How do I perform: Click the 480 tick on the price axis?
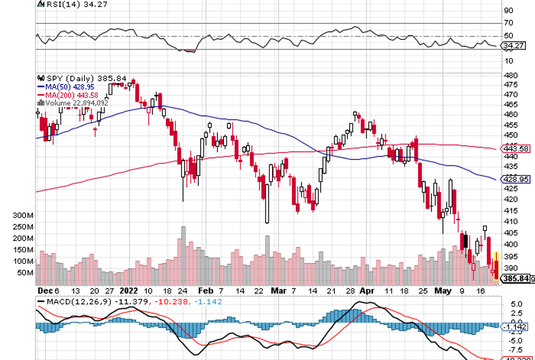(x=508, y=75)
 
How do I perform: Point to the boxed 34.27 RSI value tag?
(x=514, y=45)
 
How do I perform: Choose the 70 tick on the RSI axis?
(x=508, y=23)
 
